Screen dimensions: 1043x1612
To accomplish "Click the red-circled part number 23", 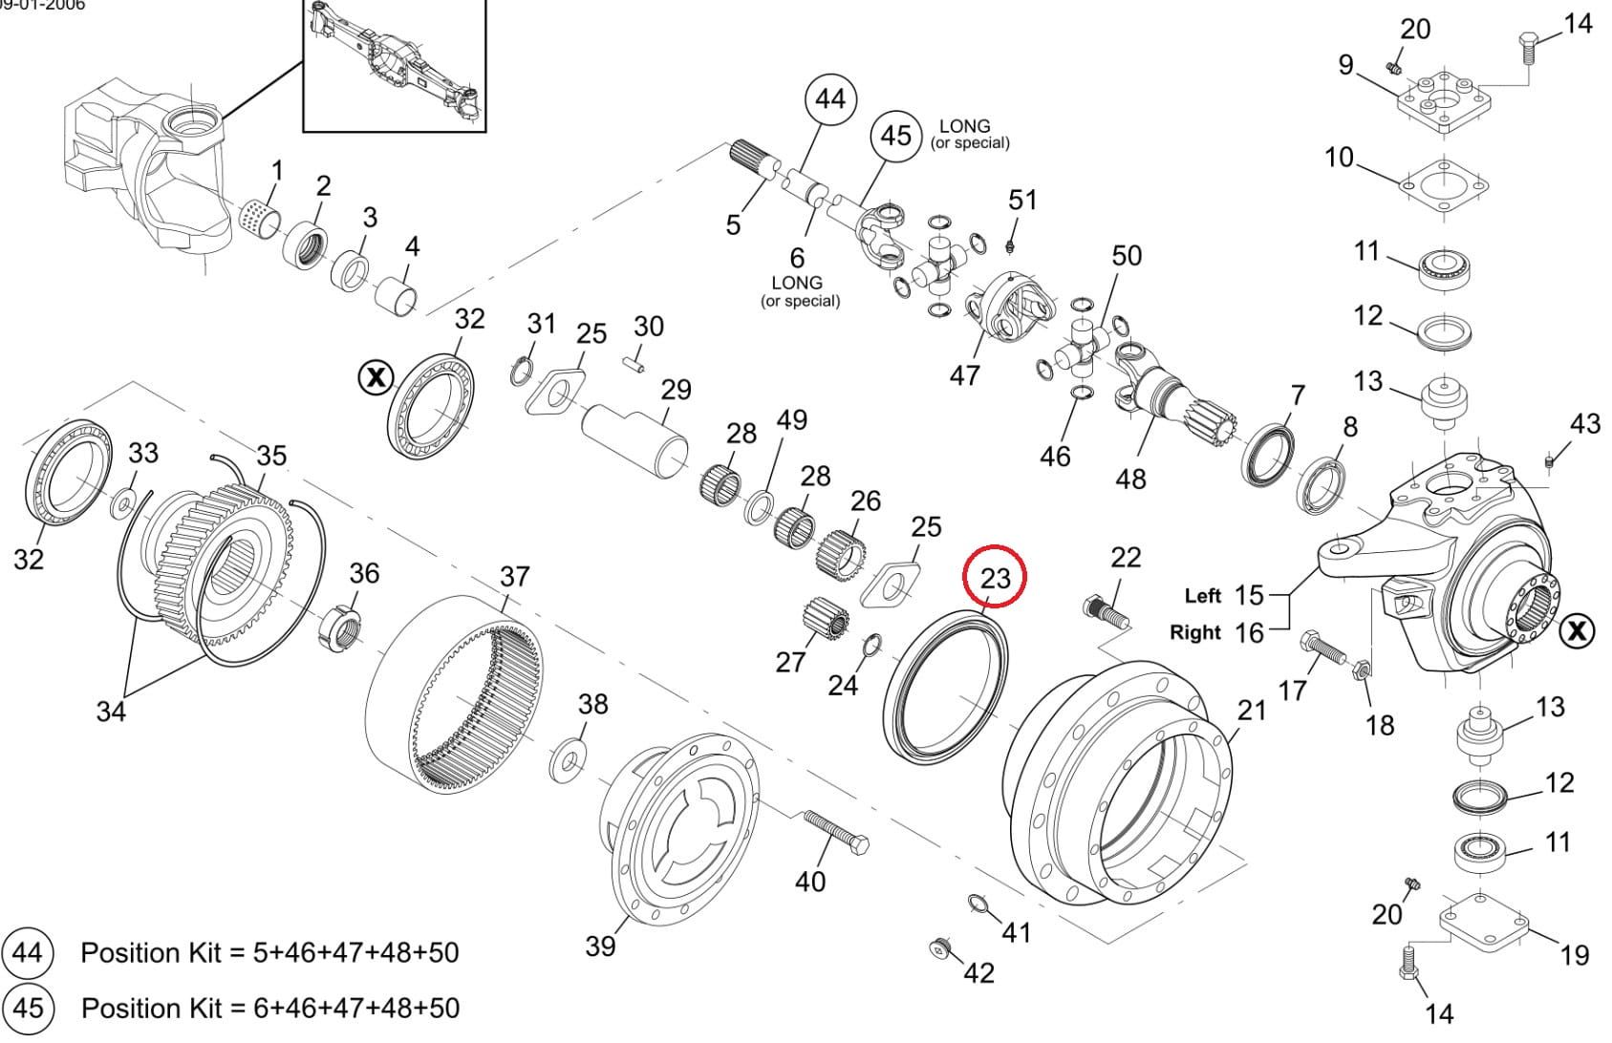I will [x=994, y=577].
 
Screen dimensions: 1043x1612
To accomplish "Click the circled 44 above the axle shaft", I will [x=830, y=98].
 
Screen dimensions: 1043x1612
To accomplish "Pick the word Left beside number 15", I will [x=1202, y=596].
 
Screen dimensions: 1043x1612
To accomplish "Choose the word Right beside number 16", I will [x=1194, y=632].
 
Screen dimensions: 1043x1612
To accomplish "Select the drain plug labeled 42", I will [x=940, y=947].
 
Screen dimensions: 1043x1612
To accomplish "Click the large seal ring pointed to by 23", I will [x=945, y=689].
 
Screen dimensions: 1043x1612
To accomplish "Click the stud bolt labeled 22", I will [x=1107, y=611].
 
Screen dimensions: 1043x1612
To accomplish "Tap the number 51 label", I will [x=1022, y=201].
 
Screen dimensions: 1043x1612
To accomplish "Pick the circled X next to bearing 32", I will [x=376, y=377].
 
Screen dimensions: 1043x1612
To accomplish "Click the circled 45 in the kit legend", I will [x=28, y=1008].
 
